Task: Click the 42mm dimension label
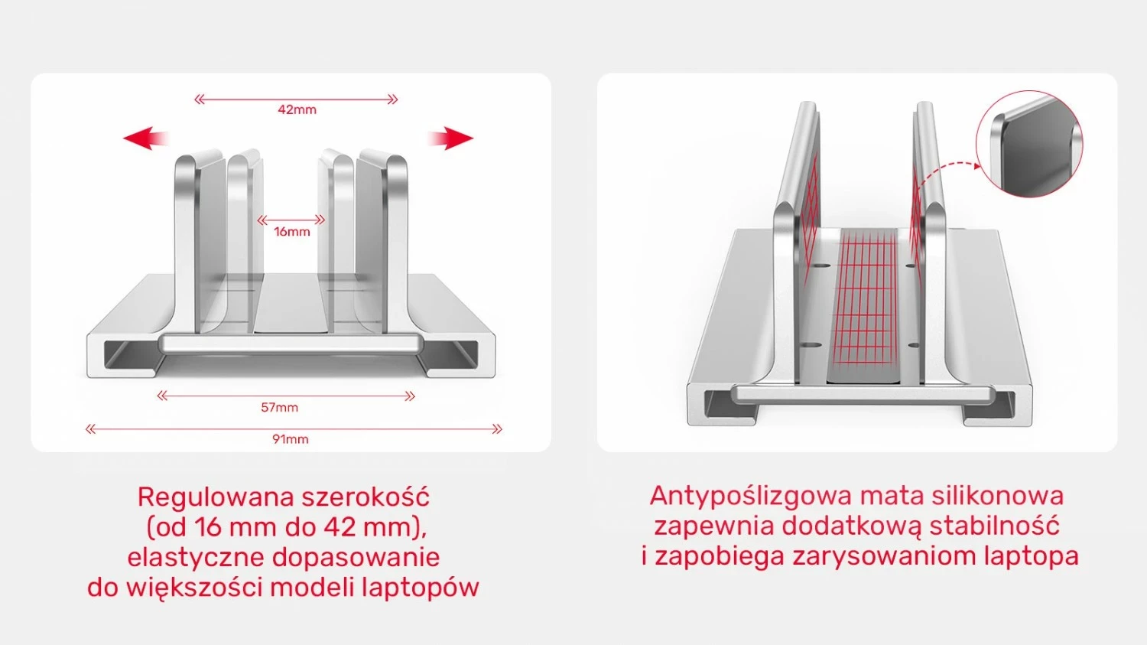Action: point(297,109)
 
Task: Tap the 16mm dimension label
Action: point(292,231)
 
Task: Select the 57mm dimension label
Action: point(279,407)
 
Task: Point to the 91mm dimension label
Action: point(291,438)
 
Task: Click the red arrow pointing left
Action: point(145,138)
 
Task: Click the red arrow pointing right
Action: point(450,138)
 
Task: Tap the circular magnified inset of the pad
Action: point(1029,144)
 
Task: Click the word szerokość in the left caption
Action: point(366,497)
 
